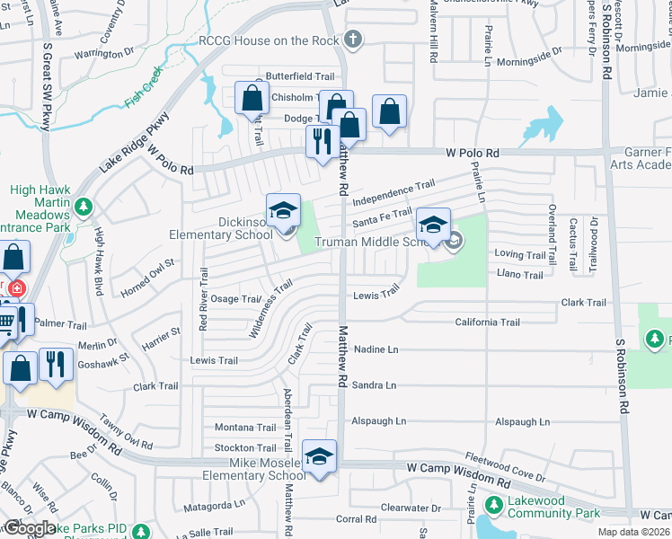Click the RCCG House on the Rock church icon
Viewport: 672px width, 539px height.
[x=353, y=40]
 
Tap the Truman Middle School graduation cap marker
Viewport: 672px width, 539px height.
[x=433, y=225]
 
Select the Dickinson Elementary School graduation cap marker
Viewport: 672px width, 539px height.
[x=283, y=212]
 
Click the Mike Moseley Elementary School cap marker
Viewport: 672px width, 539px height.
[x=319, y=457]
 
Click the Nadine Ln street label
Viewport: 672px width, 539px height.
[x=376, y=349]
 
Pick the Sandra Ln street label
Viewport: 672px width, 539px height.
[x=376, y=385]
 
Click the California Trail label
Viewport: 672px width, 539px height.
[x=487, y=322]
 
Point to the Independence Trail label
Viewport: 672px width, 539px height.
[x=393, y=192]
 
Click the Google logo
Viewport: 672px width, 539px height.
[x=31, y=527]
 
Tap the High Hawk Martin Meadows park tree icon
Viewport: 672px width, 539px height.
[x=84, y=208]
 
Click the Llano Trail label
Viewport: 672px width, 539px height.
[x=519, y=275]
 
